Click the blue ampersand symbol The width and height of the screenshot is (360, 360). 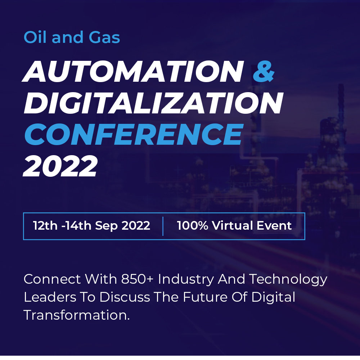pos(264,71)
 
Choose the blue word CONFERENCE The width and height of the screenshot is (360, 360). pos(133,134)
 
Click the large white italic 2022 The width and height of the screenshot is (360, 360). pos(60,166)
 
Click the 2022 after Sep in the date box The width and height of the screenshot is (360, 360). pos(136,226)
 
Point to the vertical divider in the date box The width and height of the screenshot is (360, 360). pos(163,226)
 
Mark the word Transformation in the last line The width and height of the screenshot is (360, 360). pos(76,315)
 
